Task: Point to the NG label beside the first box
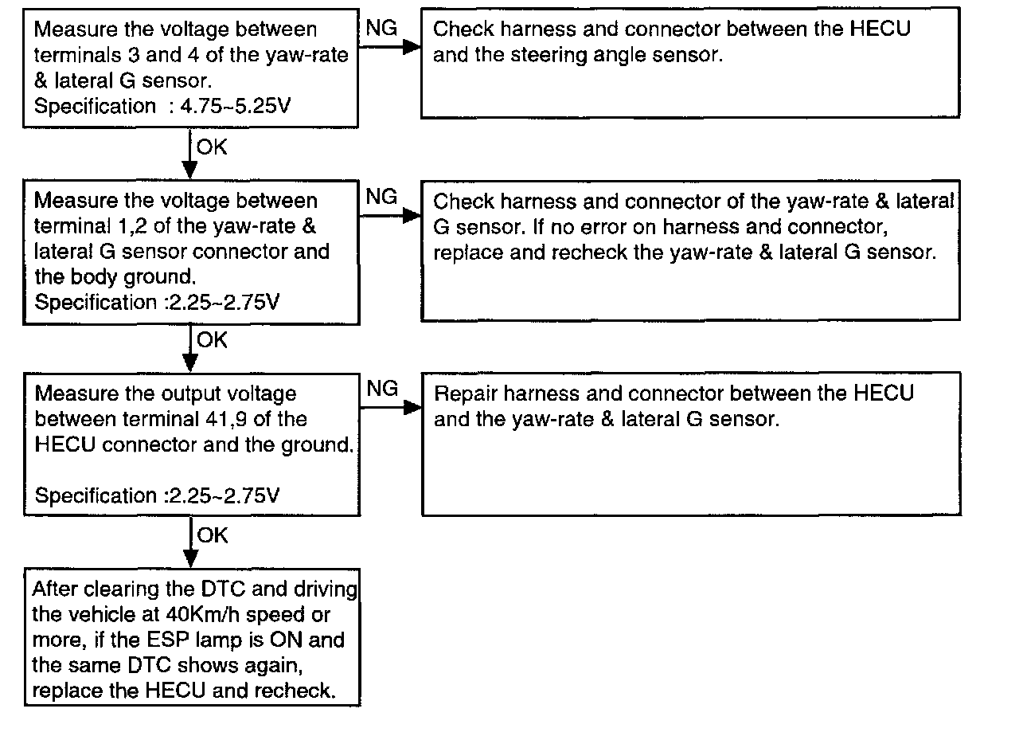click(381, 28)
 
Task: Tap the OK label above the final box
click(212, 535)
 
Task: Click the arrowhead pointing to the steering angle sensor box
click(411, 48)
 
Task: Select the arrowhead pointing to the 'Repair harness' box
click(411, 408)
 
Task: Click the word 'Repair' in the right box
click(466, 393)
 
